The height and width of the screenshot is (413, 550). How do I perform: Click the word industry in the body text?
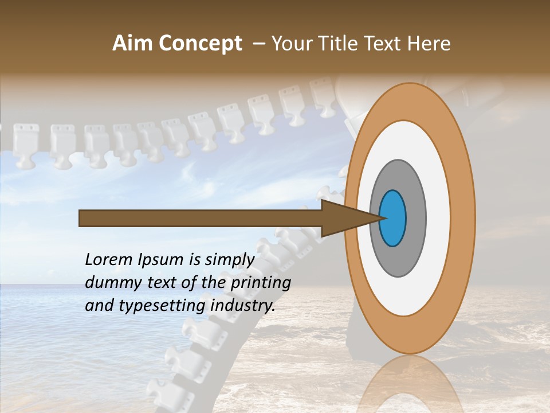[x=243, y=306]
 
